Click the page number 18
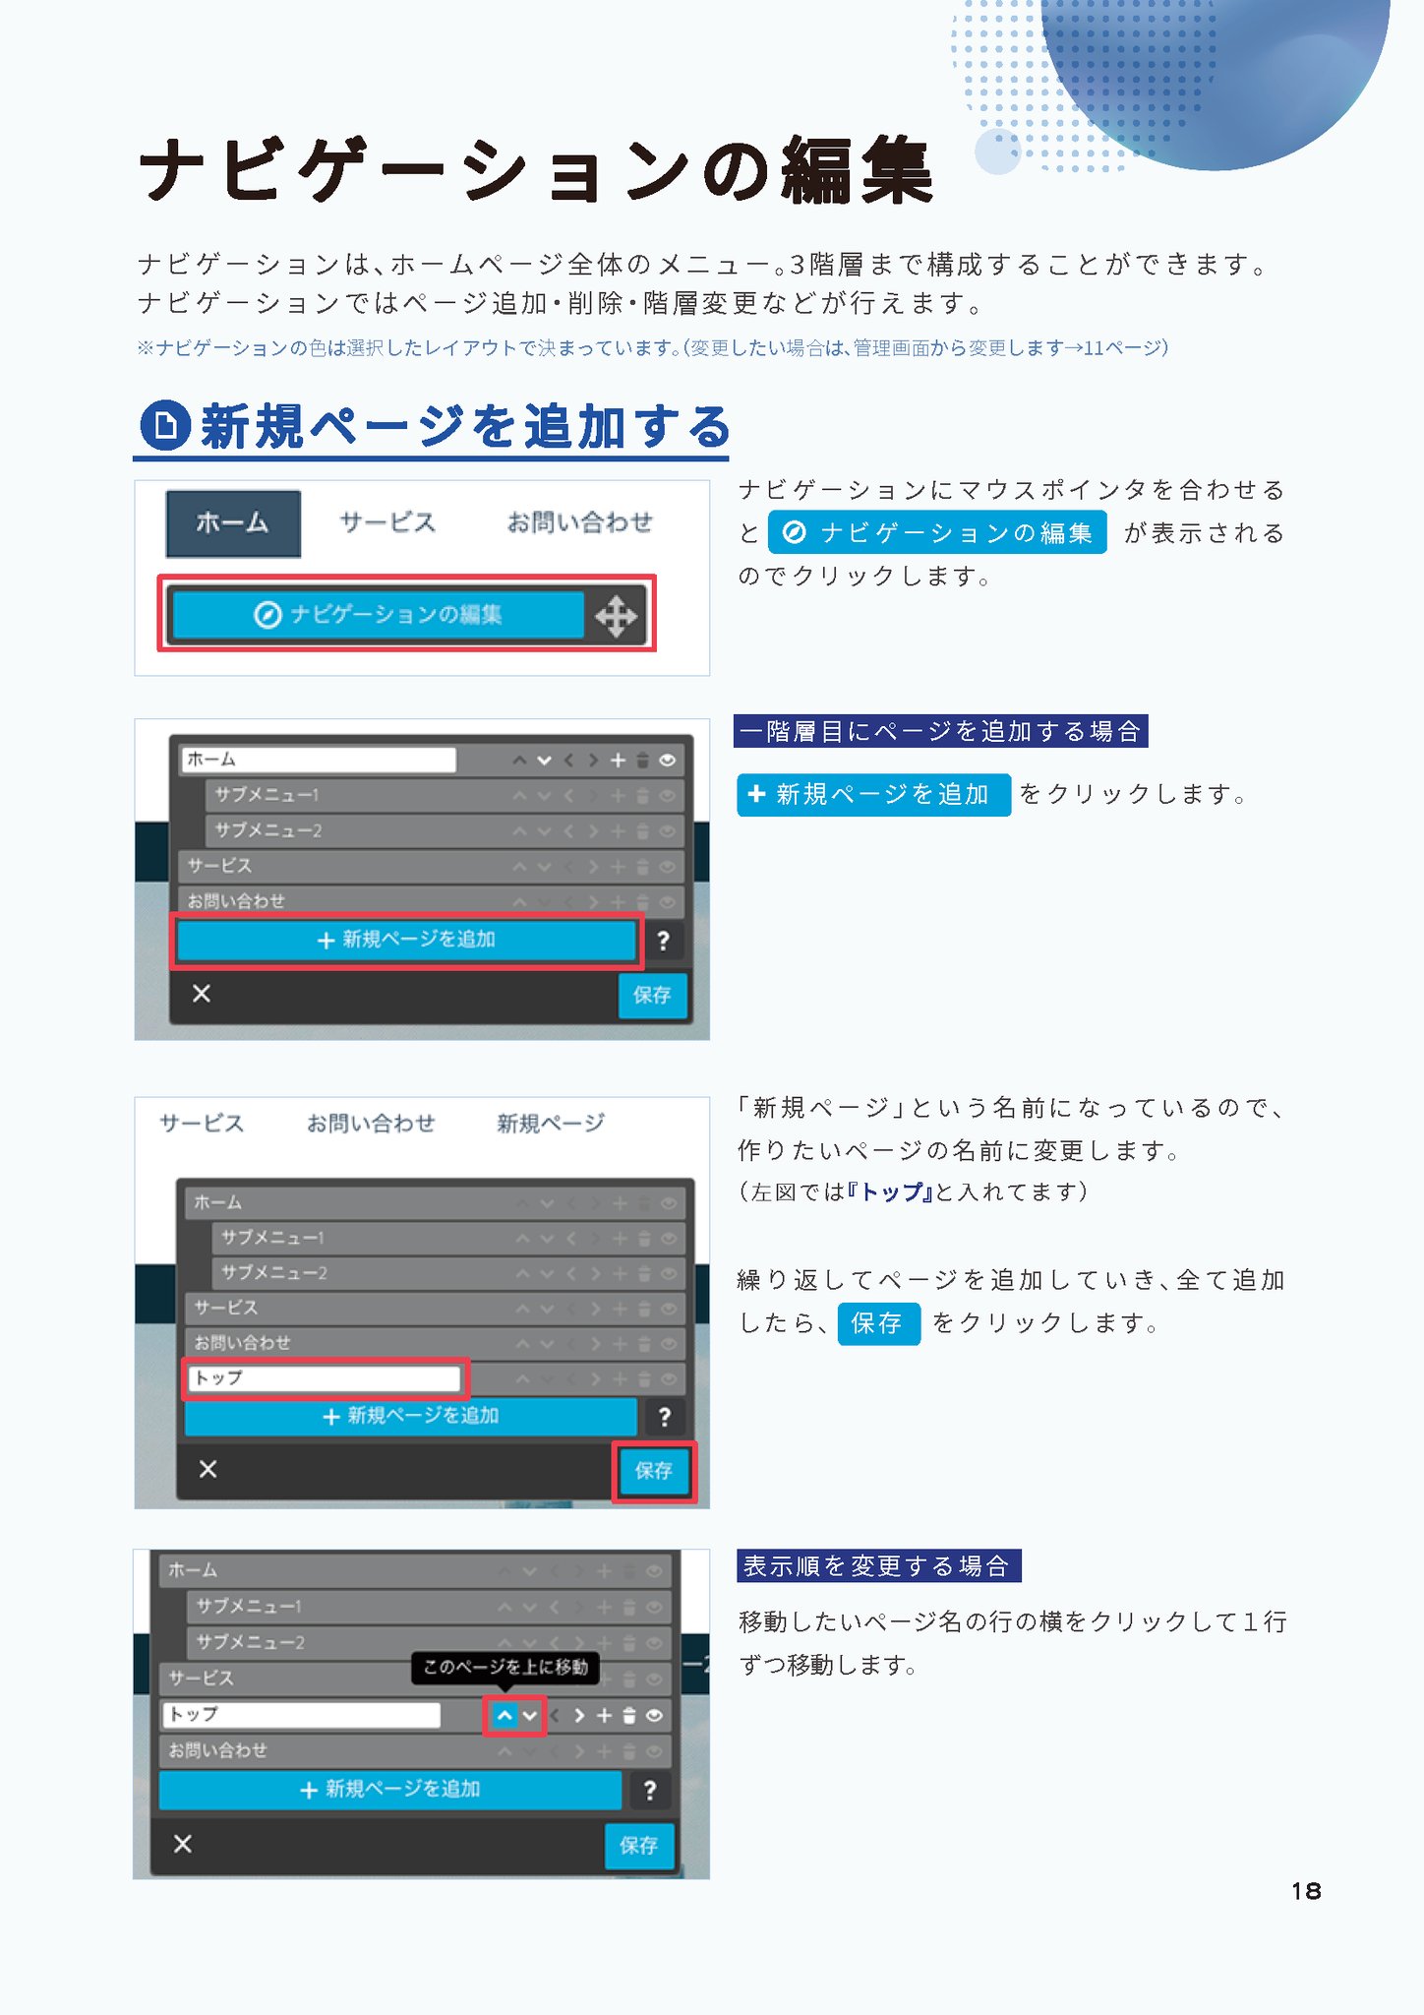tap(1306, 1891)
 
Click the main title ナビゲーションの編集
tap(535, 170)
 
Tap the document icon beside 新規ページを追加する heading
tap(164, 426)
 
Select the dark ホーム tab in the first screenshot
tap(233, 523)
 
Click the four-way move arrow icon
tap(616, 617)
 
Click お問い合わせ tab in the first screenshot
tap(579, 522)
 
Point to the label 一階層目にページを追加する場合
tap(940, 731)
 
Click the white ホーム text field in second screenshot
tap(319, 760)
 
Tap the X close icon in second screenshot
tap(202, 994)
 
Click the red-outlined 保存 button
tap(654, 1471)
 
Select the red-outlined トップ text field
tap(324, 1378)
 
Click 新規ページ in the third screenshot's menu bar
tap(551, 1124)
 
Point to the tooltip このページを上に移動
tap(505, 1667)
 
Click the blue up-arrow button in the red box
tap(504, 1716)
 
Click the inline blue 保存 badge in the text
tap(878, 1323)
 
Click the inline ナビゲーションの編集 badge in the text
tap(937, 532)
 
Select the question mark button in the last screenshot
tap(649, 1791)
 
